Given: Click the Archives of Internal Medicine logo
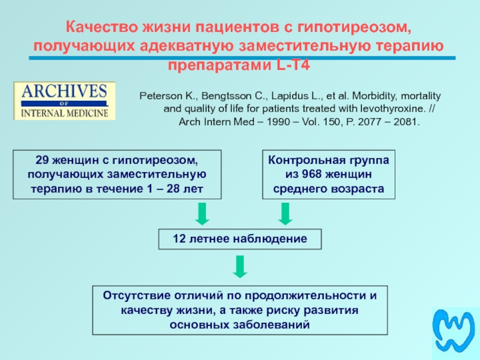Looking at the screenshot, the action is coord(64,101).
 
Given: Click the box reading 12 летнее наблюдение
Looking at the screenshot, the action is coord(240,239).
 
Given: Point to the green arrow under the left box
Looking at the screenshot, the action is coord(202,214).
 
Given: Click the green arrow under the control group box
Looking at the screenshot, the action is coord(285,214).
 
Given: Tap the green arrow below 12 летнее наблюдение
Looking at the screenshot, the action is coord(240,266).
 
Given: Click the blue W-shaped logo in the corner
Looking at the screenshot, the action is coord(454,333).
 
